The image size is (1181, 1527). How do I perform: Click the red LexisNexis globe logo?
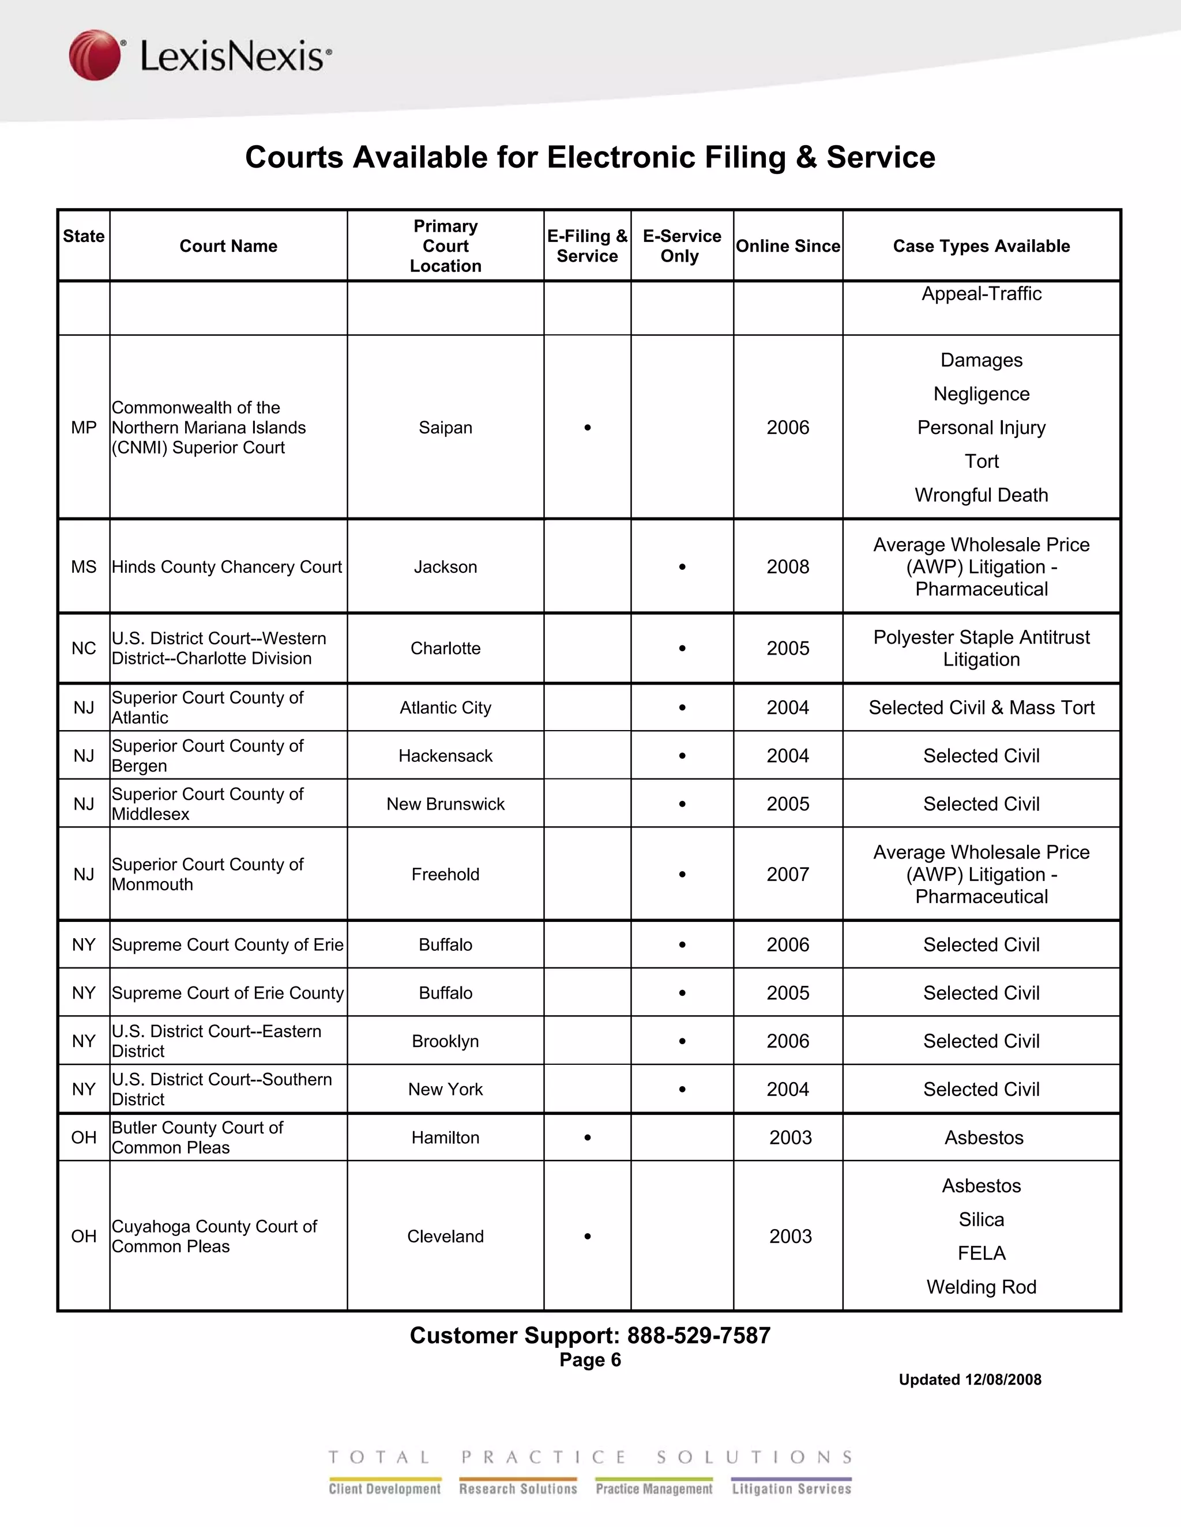tap(95, 55)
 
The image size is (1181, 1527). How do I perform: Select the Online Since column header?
tap(788, 246)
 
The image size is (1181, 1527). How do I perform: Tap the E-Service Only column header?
tap(682, 246)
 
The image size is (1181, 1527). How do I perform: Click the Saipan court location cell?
tap(446, 427)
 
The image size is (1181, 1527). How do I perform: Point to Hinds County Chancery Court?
tap(227, 567)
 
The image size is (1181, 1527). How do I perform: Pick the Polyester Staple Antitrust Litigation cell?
tap(981, 648)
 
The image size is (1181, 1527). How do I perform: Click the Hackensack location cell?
tap(446, 756)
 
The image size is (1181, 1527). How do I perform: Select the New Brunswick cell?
tap(446, 804)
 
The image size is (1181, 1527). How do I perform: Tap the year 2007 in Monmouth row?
tap(788, 875)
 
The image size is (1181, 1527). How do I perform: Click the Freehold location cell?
tap(446, 875)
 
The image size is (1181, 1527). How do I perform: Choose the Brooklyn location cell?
tap(446, 1041)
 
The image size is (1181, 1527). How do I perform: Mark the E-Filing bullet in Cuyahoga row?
tap(588, 1236)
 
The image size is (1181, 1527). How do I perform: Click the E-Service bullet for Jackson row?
tap(682, 567)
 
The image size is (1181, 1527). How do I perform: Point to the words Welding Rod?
tap(981, 1287)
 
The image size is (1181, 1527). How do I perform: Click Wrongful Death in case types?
tap(981, 495)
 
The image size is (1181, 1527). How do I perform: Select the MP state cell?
tap(84, 427)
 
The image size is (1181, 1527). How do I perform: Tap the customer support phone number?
tap(698, 1336)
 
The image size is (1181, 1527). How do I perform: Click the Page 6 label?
tap(590, 1360)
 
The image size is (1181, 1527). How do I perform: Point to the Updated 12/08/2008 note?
tap(970, 1379)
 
